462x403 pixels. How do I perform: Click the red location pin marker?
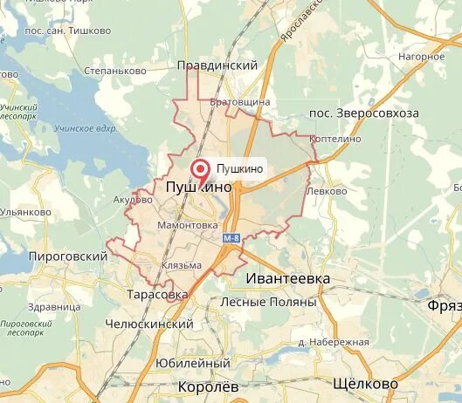[x=200, y=169]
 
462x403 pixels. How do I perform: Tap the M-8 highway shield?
[x=231, y=238]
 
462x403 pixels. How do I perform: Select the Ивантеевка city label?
[x=288, y=277]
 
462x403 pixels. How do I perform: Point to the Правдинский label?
[x=217, y=65]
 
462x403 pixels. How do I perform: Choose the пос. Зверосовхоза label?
[x=364, y=113]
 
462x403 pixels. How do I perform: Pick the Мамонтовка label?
[x=187, y=225]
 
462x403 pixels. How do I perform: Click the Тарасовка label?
[x=157, y=295]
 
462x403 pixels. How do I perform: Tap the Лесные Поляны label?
[x=268, y=302]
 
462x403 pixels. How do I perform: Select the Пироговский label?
[x=67, y=256]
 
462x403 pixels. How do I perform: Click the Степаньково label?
[x=114, y=70]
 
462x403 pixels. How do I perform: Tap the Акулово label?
[x=133, y=199]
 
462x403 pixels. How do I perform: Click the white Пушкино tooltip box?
[x=238, y=169]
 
